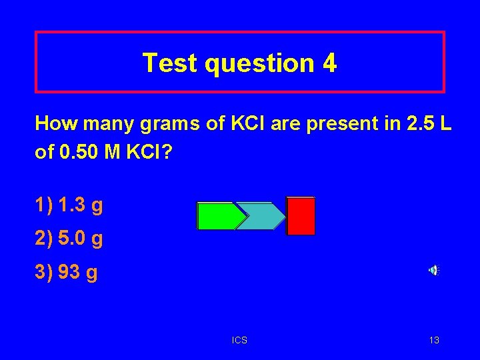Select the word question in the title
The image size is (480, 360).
[260, 64]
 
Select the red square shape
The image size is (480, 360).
[301, 216]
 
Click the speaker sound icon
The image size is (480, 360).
[433, 270]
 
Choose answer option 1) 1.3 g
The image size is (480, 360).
[69, 205]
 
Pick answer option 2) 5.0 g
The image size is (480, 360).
[69, 239]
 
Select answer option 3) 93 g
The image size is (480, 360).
[66, 273]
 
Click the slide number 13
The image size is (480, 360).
[434, 341]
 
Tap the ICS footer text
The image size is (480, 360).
[239, 341]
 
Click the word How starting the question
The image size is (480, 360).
[53, 123]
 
